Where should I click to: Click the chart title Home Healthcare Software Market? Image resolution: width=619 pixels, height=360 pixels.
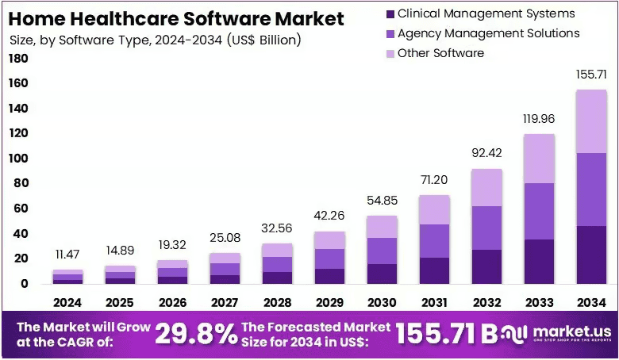click(x=176, y=18)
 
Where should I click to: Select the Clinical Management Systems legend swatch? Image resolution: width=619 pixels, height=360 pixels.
click(x=390, y=14)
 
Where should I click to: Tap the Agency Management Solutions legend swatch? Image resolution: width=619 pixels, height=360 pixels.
click(x=390, y=34)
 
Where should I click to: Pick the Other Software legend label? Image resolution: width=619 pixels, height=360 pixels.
click(x=440, y=53)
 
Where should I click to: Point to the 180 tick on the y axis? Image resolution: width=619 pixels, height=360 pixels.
click(x=18, y=59)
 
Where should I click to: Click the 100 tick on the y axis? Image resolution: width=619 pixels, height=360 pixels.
click(x=18, y=158)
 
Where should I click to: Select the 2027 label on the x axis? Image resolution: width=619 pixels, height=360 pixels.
click(x=225, y=302)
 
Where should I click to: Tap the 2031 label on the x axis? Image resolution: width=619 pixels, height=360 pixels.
click(x=434, y=302)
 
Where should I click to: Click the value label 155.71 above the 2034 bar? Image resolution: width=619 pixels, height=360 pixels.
click(x=591, y=75)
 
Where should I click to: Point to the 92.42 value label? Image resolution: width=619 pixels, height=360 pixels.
click(x=486, y=152)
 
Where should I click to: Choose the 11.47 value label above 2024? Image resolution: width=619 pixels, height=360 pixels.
click(x=67, y=255)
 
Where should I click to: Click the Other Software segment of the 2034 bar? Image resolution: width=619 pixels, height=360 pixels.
click(x=591, y=121)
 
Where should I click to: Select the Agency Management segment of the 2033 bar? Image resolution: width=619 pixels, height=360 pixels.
click(x=539, y=212)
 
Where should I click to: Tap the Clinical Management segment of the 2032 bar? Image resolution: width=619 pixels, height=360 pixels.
click(x=486, y=266)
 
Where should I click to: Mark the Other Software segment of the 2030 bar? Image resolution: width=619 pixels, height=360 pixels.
click(x=382, y=227)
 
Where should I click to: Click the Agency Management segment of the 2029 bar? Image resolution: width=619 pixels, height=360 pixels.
click(x=329, y=259)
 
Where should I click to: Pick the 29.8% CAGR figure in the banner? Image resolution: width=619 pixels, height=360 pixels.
click(x=196, y=334)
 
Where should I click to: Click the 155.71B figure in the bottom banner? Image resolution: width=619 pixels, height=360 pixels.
click(x=447, y=334)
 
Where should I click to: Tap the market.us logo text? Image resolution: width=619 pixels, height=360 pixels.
click(x=572, y=331)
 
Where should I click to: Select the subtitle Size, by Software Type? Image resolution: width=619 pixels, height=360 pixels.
click(x=155, y=40)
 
